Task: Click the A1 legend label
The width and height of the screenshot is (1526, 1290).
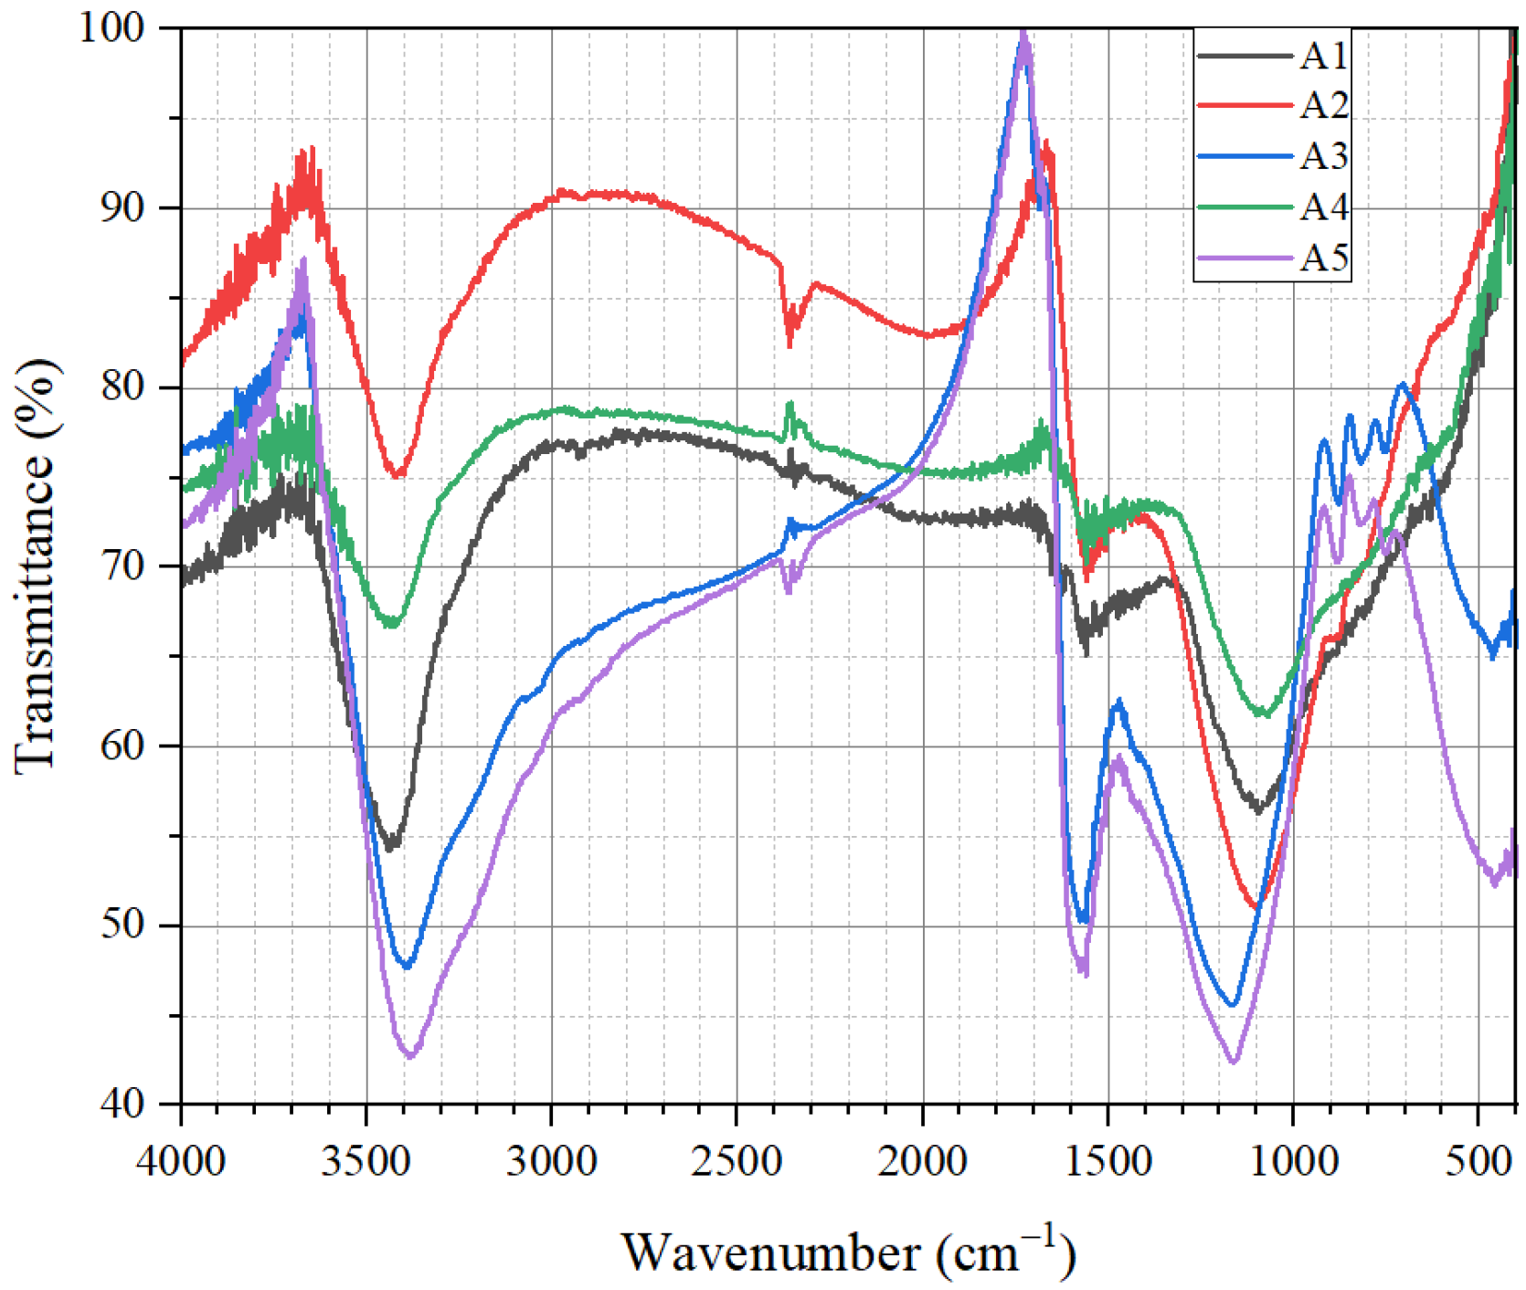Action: (1324, 57)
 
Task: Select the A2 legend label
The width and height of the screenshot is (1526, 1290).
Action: (1324, 106)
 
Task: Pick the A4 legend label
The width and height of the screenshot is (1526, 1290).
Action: (1324, 207)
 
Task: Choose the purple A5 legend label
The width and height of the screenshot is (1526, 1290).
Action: (1324, 259)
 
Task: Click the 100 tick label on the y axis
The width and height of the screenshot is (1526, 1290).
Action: (111, 26)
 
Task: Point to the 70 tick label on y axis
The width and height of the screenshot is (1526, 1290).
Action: (122, 566)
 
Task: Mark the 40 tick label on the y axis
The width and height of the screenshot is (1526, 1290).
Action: (122, 1104)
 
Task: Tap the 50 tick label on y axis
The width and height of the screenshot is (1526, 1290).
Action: (122, 925)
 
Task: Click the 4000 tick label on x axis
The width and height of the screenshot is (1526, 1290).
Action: (181, 1161)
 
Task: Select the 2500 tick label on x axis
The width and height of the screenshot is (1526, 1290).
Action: (737, 1161)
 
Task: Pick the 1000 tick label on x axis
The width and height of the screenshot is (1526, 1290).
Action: (1293, 1161)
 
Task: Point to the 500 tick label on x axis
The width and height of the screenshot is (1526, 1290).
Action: (1478, 1161)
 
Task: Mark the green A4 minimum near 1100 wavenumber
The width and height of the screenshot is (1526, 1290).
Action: (1263, 714)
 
